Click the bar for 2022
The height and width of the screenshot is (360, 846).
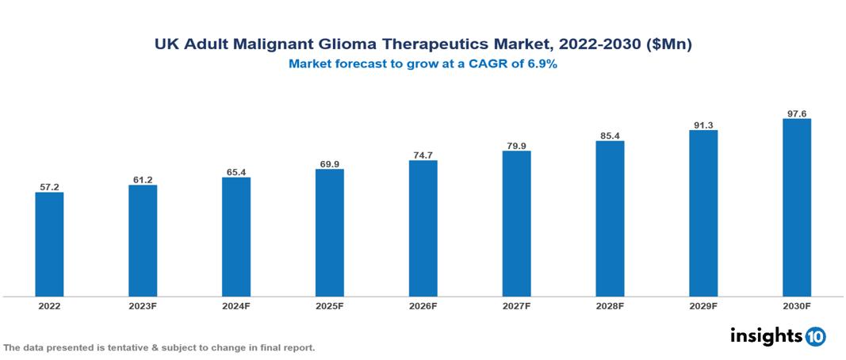pos(49,244)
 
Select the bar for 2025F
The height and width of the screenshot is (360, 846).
pos(330,232)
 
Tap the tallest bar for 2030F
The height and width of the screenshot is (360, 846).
pos(797,208)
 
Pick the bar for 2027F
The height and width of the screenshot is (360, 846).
pos(516,224)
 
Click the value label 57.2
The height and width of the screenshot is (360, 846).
pos(49,187)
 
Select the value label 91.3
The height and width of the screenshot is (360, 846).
pos(703,124)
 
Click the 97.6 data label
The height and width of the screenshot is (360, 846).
pos(797,113)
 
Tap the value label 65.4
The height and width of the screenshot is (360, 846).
pos(236,171)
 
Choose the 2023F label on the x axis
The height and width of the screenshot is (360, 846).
pos(143,305)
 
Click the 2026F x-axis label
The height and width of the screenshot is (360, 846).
pos(423,305)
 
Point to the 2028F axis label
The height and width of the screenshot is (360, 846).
pos(610,305)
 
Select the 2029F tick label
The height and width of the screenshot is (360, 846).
pos(703,305)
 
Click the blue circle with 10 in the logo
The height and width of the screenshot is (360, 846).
pos(815,336)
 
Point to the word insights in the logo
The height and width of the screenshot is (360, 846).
pos(766,335)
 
